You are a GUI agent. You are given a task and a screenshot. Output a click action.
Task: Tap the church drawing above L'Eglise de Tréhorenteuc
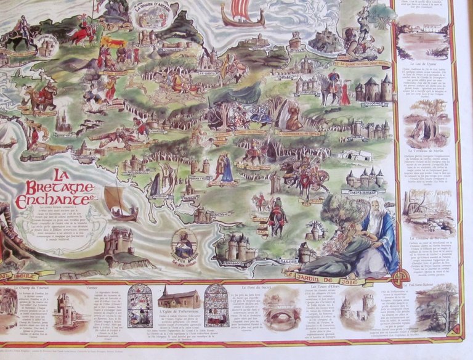click(178, 299)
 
